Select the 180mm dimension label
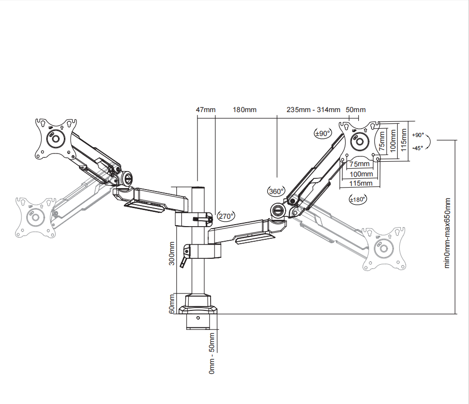click(x=244, y=110)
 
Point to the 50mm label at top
click(x=355, y=110)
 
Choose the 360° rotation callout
click(x=276, y=192)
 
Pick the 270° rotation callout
click(x=226, y=216)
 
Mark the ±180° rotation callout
click(x=358, y=199)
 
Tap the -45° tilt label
click(x=417, y=148)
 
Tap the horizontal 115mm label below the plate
click(x=361, y=184)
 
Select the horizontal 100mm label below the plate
click(x=361, y=174)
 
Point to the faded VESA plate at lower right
click(x=385, y=249)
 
